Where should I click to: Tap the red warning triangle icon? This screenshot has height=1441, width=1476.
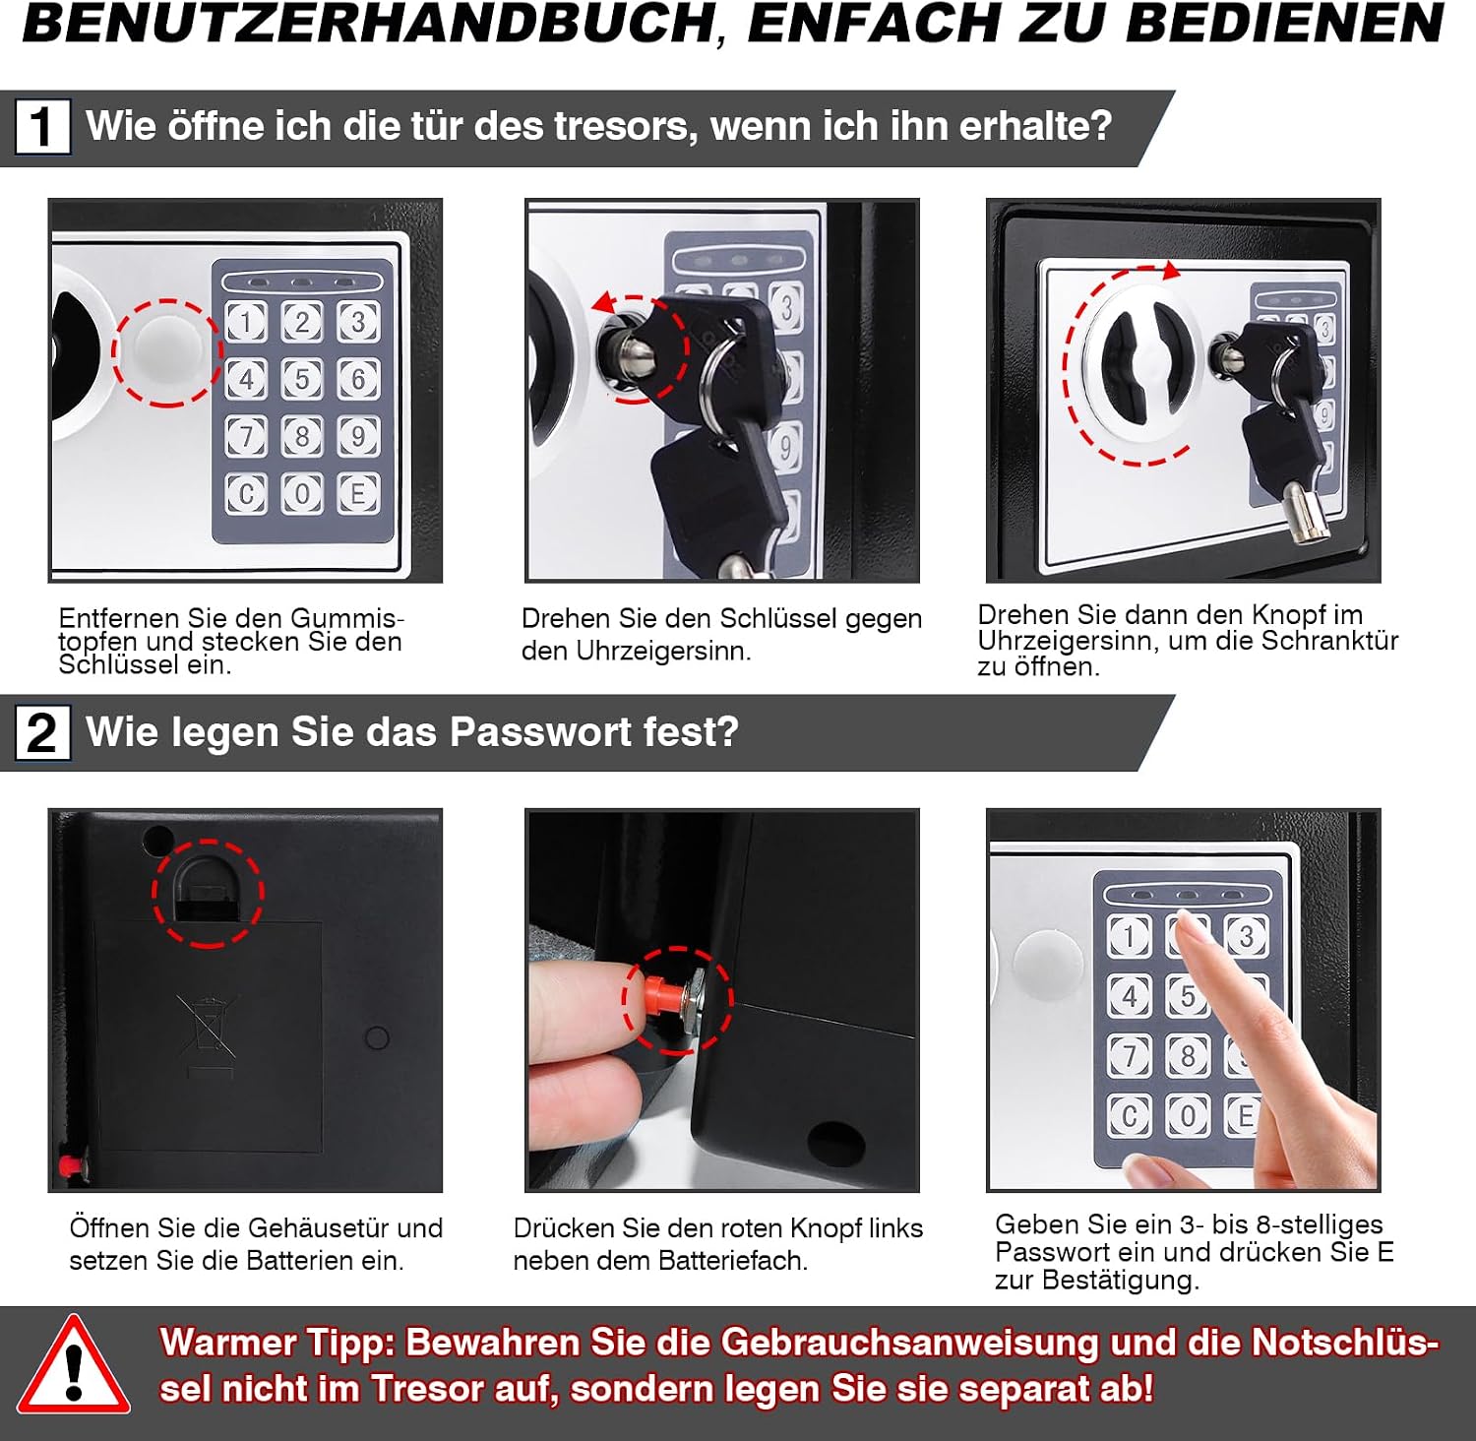click(x=73, y=1365)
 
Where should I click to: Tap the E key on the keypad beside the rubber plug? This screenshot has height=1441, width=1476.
click(x=358, y=493)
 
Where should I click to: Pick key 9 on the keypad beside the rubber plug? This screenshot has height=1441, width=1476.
click(x=358, y=436)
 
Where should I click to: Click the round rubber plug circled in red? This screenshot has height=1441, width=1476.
click(x=165, y=351)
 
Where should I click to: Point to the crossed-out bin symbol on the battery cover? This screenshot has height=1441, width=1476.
click(x=208, y=1035)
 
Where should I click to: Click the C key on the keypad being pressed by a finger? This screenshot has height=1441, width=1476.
click(x=1129, y=1116)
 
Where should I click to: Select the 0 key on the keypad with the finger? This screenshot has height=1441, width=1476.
click(x=1188, y=1116)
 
